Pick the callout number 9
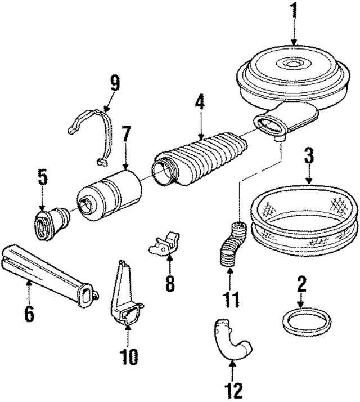115,84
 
